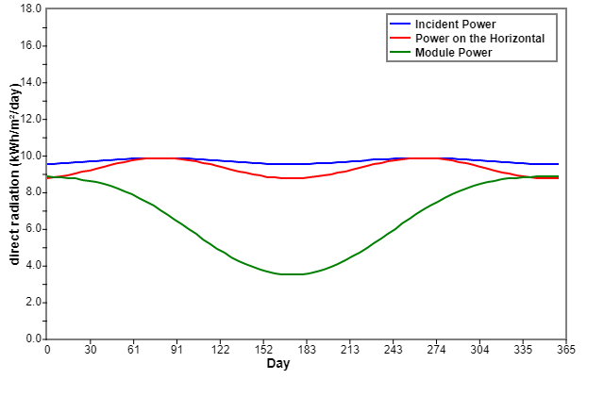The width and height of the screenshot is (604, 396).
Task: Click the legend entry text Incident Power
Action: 455,25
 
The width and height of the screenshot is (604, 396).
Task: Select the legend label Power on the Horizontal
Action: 479,39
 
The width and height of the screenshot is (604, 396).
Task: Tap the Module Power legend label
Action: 453,53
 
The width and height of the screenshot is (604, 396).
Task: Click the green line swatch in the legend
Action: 400,52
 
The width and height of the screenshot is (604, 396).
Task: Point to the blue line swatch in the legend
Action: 400,24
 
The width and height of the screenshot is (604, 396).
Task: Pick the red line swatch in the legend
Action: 400,38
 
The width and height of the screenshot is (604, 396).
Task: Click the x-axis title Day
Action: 278,363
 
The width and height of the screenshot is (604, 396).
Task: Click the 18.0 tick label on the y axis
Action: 30,8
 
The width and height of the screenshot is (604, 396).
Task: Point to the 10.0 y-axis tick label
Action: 30,156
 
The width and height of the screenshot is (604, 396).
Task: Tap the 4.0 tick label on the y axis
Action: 34,266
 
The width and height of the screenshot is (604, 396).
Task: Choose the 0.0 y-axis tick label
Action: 34,338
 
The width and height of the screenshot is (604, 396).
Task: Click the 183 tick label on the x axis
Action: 307,350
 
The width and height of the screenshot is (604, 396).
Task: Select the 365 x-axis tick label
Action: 566,350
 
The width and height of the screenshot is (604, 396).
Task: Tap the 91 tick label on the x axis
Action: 176,350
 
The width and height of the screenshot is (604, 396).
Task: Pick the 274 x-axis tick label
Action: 436,350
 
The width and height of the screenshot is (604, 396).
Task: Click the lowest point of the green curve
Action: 292,274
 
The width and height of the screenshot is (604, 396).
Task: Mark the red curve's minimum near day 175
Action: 292,178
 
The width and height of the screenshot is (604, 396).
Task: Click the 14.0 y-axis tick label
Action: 30,82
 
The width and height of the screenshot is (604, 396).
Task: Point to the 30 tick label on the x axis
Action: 91,350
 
